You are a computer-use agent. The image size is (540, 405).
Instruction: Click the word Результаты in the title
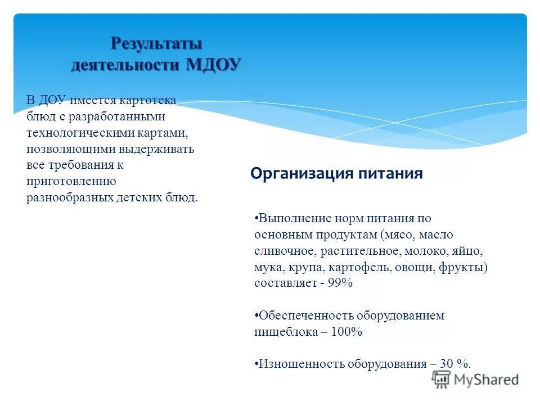tap(156, 43)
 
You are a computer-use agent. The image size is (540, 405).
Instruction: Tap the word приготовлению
tap(71, 182)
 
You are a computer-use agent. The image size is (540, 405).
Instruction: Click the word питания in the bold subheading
tap(390, 173)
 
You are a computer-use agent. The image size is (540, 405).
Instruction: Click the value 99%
tap(340, 283)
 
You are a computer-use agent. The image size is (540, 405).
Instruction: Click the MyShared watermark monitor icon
tap(442, 379)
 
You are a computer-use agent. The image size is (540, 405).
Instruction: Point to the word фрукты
tap(462, 267)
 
